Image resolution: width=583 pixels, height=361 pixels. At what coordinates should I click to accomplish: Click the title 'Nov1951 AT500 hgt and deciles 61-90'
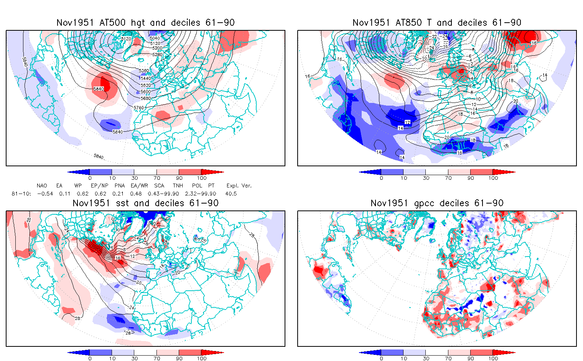click(x=145, y=23)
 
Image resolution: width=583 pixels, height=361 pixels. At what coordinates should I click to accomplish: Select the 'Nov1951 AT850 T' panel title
click(x=437, y=23)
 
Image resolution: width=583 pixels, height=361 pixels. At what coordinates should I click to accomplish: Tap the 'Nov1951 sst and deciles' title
click(x=145, y=203)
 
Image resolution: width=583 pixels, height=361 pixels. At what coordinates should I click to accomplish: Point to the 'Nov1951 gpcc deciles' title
click(x=437, y=203)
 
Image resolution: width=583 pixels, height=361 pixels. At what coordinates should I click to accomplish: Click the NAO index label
click(x=42, y=185)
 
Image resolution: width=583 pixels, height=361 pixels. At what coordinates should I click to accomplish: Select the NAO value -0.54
click(x=45, y=194)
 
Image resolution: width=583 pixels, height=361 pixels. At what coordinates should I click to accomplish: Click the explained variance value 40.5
click(x=231, y=194)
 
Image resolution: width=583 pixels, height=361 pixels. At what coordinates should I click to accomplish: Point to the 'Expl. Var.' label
click(x=239, y=185)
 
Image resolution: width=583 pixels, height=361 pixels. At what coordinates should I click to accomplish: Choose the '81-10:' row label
click(x=19, y=194)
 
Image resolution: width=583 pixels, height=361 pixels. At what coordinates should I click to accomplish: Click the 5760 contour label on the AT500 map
click(x=139, y=108)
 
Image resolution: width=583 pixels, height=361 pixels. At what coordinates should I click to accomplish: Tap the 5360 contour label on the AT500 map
click(x=144, y=71)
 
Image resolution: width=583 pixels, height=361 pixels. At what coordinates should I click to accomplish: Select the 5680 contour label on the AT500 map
click(x=146, y=99)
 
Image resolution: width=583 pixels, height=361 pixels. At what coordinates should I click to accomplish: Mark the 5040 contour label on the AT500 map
click(x=155, y=38)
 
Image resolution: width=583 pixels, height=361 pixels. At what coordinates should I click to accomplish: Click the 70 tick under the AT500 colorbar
click(x=156, y=178)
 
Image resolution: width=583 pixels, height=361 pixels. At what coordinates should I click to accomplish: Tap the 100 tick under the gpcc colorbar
click(x=493, y=358)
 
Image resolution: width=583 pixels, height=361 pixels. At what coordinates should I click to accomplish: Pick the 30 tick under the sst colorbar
click(x=134, y=358)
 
